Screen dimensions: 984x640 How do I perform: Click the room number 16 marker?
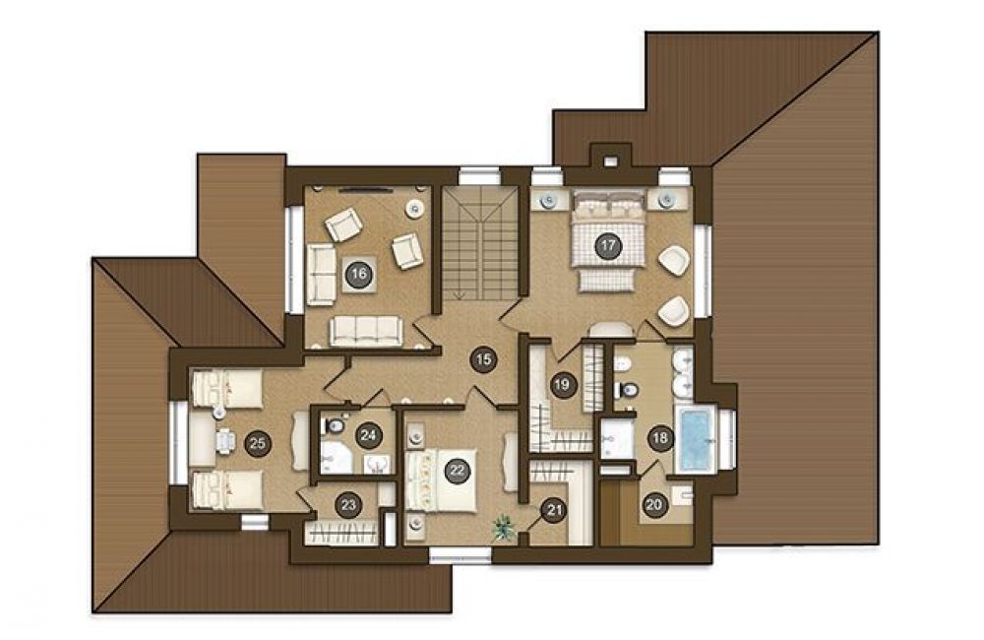[x=358, y=274]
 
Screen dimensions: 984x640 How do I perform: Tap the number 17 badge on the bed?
[x=607, y=245]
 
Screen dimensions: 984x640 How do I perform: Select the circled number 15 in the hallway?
[x=483, y=360]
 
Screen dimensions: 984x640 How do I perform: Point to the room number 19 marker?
[x=562, y=384]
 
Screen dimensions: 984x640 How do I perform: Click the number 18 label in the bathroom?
[x=659, y=437]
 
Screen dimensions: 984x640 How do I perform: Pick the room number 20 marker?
[x=654, y=504]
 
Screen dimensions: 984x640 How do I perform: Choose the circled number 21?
[x=554, y=509]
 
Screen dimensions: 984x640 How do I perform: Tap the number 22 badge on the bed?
[x=458, y=471]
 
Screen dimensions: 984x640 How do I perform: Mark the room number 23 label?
[x=348, y=505]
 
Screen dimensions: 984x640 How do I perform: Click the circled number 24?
[x=368, y=435]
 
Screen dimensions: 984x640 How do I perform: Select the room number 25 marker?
[x=257, y=443]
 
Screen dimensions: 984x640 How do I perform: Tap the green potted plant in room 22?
[x=503, y=528]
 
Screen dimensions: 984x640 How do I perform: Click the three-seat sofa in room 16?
[x=366, y=331]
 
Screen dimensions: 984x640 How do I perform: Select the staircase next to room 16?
[x=481, y=243]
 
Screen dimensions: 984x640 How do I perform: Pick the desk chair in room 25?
[x=224, y=440]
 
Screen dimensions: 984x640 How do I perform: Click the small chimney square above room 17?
[x=609, y=160]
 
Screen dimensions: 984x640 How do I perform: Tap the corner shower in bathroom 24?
[x=336, y=458]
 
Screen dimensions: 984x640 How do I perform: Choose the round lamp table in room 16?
[x=413, y=208]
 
